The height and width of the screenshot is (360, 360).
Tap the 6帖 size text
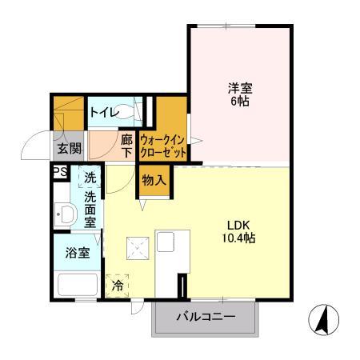point(240,102)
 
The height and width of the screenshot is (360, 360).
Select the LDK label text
point(239,225)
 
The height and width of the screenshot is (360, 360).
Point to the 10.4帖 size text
point(239,238)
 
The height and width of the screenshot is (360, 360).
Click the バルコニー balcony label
point(206,318)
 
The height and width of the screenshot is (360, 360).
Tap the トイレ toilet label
point(105,112)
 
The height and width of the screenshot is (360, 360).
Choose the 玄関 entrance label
point(69,147)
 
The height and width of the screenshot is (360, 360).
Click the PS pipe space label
point(58,172)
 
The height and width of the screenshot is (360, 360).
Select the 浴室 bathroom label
point(78,252)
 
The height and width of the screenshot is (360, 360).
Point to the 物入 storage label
point(154,180)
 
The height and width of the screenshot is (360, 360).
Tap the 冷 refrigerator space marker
point(118,285)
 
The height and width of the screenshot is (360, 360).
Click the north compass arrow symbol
point(323,322)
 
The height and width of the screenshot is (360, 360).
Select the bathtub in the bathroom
point(78,284)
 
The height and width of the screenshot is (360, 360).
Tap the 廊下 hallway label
point(126,145)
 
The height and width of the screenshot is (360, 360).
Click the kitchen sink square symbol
point(135,249)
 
